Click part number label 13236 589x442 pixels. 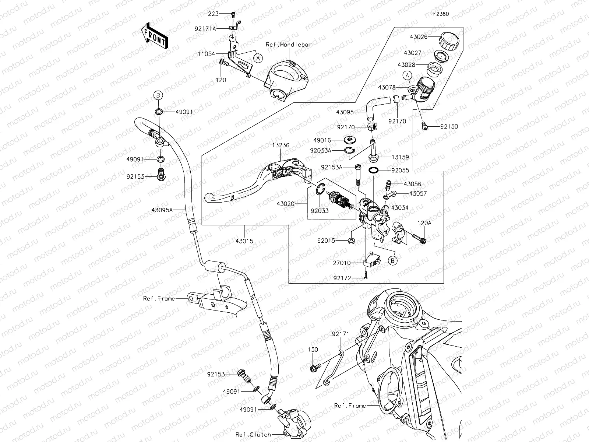pyautogui.click(x=281, y=145)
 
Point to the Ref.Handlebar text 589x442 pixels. pyautogui.click(x=289, y=45)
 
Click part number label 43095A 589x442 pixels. pyautogui.click(x=162, y=210)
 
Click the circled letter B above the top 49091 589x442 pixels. pyautogui.click(x=158, y=95)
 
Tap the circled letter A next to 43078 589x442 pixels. pyautogui.click(x=407, y=76)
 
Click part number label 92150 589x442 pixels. pyautogui.click(x=449, y=127)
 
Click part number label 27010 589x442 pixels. pyautogui.click(x=342, y=263)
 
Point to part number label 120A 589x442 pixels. pyautogui.click(x=424, y=223)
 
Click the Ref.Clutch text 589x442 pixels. pyautogui.click(x=253, y=435)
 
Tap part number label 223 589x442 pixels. pyautogui.click(x=213, y=14)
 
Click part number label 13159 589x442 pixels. pyautogui.click(x=400, y=157)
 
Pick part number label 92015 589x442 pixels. pyautogui.click(x=327, y=241)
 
